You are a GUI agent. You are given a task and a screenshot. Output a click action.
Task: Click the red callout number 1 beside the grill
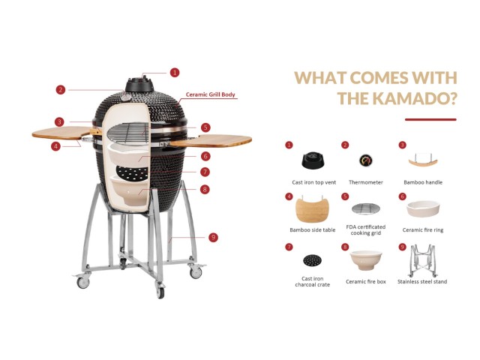point(175,73)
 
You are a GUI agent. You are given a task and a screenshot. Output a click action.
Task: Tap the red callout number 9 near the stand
point(213,237)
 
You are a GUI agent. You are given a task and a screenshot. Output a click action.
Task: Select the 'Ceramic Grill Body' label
point(210,94)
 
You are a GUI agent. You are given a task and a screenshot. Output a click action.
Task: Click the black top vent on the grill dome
point(139,84)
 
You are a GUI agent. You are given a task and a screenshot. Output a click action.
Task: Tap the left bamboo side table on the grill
point(62,133)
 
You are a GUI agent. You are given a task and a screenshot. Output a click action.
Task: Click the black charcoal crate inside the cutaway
point(133,173)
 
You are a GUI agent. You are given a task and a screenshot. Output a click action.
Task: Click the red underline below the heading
point(430,119)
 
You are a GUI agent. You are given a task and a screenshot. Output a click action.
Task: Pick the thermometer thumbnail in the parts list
point(365,160)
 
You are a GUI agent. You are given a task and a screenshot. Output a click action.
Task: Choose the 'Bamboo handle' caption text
point(423,182)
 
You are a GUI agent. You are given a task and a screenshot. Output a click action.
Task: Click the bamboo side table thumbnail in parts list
point(312,209)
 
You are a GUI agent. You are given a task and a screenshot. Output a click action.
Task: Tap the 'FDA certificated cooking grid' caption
point(365,230)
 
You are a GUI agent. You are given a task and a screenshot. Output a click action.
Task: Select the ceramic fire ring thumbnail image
point(423,208)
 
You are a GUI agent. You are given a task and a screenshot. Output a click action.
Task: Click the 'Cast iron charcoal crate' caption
point(312,282)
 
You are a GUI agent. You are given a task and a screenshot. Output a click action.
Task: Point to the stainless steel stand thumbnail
point(422,260)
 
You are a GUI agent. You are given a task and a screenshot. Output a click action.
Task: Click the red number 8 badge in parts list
point(345,247)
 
